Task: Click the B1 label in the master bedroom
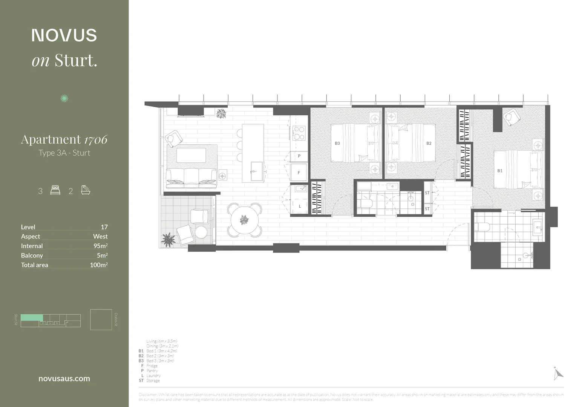tap(499, 171)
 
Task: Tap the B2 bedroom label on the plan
tap(429, 143)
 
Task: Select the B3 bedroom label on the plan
tap(337, 143)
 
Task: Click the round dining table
tap(245, 220)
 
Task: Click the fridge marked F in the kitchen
tap(299, 173)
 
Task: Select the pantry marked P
tap(299, 156)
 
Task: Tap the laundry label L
tap(300, 206)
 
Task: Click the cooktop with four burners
tap(299, 133)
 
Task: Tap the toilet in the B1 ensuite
tap(483, 227)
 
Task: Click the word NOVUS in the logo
tap(64, 35)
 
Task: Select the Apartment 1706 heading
tap(64, 139)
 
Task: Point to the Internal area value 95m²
tap(100, 246)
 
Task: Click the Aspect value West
tap(100, 236)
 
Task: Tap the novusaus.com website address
tap(64, 379)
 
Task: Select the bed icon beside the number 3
tap(55, 190)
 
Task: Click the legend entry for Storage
tap(153, 381)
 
